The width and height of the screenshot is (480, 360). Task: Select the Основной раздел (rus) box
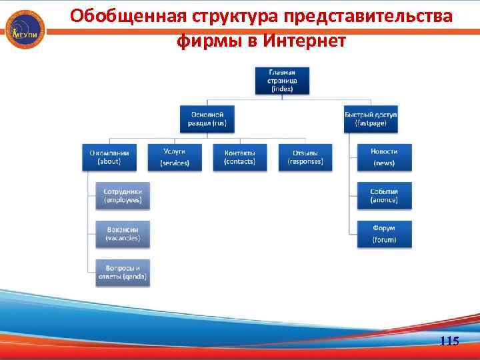click(207, 119)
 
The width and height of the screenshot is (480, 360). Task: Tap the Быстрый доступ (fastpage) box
click(371, 119)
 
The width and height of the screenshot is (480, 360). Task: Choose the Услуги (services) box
click(174, 157)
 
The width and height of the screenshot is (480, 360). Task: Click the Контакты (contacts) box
click(239, 157)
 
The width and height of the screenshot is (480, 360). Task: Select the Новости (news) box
click(384, 157)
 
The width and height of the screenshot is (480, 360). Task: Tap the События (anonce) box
click(384, 195)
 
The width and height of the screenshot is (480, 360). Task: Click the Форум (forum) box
click(384, 233)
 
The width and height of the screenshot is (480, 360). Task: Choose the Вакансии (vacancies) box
click(123, 233)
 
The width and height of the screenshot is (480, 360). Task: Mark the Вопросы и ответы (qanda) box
click(123, 271)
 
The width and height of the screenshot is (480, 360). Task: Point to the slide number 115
click(449, 341)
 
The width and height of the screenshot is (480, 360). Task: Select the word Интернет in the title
click(305, 41)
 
